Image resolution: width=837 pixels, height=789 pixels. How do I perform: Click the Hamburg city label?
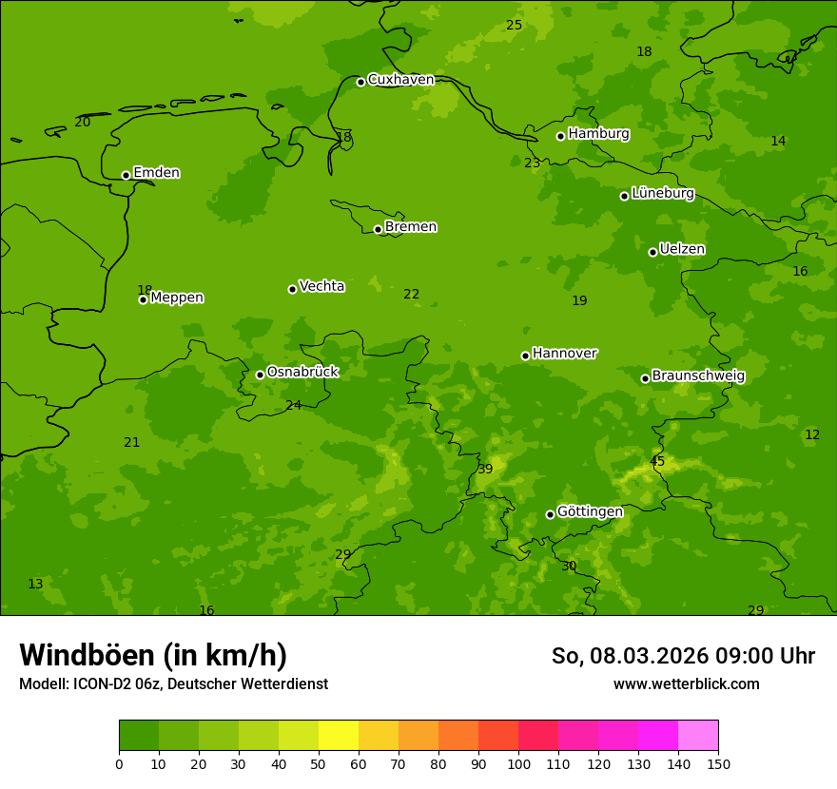(x=598, y=134)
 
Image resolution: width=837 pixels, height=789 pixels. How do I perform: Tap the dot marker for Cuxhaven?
(x=360, y=82)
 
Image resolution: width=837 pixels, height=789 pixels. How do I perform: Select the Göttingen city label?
(x=590, y=511)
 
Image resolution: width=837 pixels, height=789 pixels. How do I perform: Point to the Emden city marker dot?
(x=126, y=175)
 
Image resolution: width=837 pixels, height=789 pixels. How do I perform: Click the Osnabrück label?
(x=302, y=372)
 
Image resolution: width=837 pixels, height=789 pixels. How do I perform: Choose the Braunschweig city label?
(x=698, y=376)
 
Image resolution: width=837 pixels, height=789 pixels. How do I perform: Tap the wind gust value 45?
(x=657, y=462)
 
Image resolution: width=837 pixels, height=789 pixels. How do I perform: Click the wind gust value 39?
(x=485, y=469)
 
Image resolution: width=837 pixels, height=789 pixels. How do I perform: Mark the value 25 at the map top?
(x=514, y=26)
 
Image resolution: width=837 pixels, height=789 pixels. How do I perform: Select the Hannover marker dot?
(x=525, y=356)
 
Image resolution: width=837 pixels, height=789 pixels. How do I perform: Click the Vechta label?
(x=321, y=286)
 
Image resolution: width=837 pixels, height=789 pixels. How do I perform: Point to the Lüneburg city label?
(x=662, y=193)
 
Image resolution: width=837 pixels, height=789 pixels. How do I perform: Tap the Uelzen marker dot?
(x=652, y=252)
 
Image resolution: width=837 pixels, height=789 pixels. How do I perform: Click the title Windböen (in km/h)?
(x=153, y=655)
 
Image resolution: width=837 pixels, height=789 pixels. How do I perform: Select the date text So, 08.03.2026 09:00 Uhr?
(x=683, y=656)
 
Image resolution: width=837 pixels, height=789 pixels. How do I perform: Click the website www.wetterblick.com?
(x=686, y=684)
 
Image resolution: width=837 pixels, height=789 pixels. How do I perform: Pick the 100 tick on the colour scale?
(x=518, y=763)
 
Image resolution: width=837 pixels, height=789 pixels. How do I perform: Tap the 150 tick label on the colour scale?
(x=718, y=763)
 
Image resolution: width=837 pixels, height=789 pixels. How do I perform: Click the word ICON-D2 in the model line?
(x=102, y=684)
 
